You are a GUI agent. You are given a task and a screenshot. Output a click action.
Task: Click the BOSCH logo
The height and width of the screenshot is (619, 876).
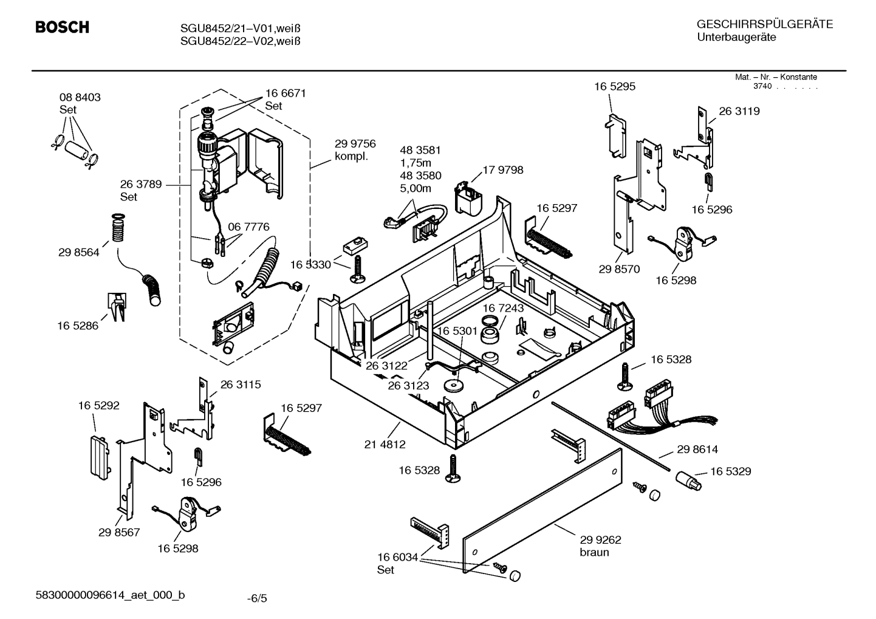click(62, 27)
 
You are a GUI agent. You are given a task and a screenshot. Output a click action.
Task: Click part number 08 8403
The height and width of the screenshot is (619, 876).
click(80, 97)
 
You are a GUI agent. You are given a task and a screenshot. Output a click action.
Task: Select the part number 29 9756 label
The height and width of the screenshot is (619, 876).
click(355, 144)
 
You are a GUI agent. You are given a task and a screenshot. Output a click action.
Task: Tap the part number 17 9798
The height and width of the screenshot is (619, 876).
click(502, 170)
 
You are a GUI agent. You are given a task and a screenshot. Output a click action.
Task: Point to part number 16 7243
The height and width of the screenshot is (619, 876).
click(503, 309)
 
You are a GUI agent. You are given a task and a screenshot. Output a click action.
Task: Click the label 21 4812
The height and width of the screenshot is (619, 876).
click(385, 445)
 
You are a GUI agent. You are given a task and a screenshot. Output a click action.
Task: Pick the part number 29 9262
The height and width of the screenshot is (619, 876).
click(600, 539)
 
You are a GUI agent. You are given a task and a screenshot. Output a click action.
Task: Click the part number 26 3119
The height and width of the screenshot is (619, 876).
click(739, 111)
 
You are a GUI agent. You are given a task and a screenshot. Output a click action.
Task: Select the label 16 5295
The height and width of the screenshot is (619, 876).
click(615, 87)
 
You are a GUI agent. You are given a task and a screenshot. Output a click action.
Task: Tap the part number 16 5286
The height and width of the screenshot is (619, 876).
click(78, 326)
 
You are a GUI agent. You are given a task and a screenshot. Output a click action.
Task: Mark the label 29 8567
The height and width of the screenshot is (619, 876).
click(119, 532)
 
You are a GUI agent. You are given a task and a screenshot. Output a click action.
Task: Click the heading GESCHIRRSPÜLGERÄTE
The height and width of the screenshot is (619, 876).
click(765, 25)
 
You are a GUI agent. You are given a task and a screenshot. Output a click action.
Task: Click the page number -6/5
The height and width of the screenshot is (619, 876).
click(256, 599)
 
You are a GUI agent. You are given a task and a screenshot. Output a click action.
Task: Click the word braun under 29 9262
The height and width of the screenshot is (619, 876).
click(594, 552)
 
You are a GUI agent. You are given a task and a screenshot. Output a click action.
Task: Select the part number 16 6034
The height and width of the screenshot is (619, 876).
click(397, 557)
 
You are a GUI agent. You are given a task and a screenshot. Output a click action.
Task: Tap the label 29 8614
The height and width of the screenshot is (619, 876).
click(697, 450)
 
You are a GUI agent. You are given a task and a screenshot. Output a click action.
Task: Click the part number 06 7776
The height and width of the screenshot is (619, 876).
click(248, 227)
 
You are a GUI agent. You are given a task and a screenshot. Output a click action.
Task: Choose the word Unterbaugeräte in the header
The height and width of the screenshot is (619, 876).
click(736, 38)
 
